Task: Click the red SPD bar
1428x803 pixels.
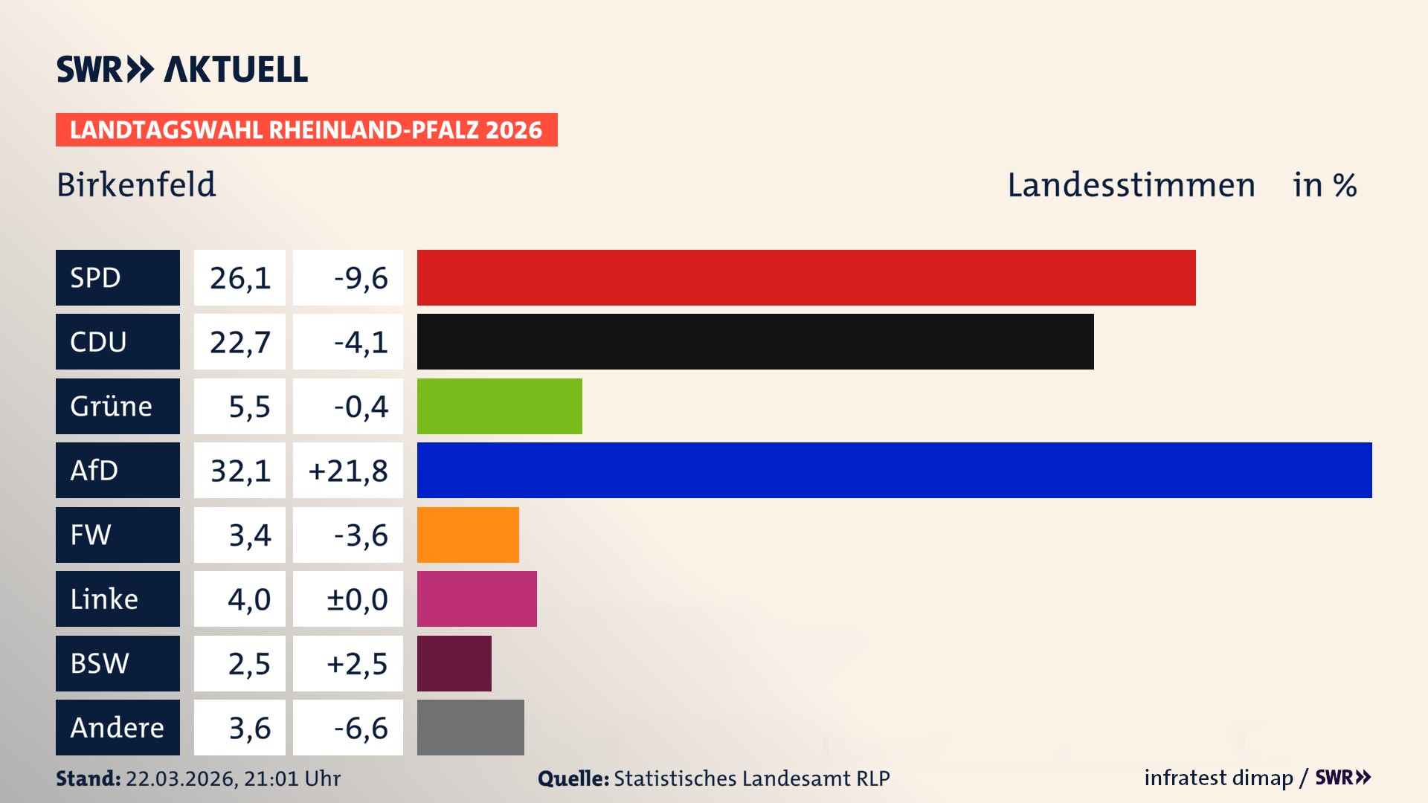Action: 806,277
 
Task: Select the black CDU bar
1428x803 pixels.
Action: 755,341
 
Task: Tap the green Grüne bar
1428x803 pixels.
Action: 499,406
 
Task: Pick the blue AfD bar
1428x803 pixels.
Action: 894,470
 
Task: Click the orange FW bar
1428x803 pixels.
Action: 468,535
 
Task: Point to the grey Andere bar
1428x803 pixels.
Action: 470,727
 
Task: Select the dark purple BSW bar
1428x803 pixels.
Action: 454,663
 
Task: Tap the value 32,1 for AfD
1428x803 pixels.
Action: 239,471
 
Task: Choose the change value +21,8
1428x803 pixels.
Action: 348,471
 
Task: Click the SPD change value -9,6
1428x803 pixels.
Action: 361,278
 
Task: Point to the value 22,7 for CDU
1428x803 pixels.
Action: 239,342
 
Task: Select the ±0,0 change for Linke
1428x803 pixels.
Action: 357,599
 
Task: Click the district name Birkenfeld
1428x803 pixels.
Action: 136,184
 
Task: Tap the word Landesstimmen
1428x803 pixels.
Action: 1130,185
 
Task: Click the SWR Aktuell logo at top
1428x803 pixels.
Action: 181,69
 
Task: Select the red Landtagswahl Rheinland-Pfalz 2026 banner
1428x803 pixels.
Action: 306,130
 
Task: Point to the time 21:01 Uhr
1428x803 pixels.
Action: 292,778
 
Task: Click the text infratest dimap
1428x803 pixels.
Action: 1218,778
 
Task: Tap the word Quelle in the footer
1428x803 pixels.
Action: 573,778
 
